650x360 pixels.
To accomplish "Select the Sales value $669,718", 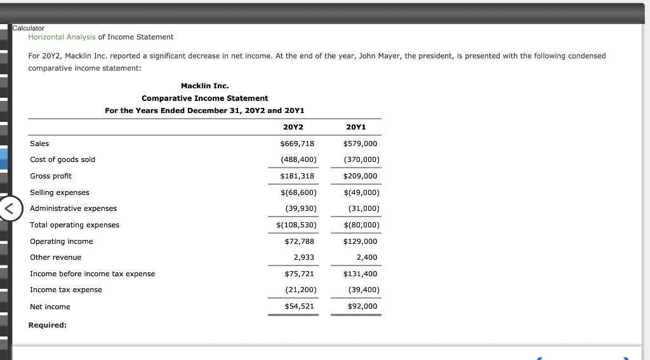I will [297, 143].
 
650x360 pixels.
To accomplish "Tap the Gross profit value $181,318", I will [297, 176].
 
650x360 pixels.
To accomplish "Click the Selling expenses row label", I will [60, 192].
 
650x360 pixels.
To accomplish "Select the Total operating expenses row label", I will [74, 225].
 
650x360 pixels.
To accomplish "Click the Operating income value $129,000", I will [360, 241].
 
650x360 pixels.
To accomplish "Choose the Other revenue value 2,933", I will [303, 257].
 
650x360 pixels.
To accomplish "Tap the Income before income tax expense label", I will [92, 274].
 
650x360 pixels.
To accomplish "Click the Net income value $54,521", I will [299, 306].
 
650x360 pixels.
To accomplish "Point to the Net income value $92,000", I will [362, 306].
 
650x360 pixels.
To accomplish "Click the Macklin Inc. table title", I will [204, 86].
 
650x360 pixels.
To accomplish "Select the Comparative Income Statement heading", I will [204, 98].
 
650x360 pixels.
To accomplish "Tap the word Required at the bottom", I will [48, 325].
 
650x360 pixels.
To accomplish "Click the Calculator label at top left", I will [29, 28].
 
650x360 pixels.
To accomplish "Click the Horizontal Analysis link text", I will [62, 37].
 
